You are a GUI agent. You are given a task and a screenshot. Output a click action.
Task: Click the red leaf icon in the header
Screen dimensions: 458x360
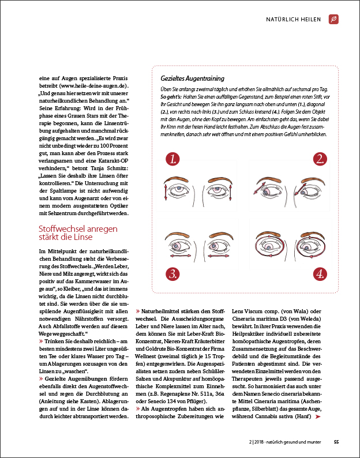pos(333,20)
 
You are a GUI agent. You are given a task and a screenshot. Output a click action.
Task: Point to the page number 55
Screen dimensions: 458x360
pos(336,443)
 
